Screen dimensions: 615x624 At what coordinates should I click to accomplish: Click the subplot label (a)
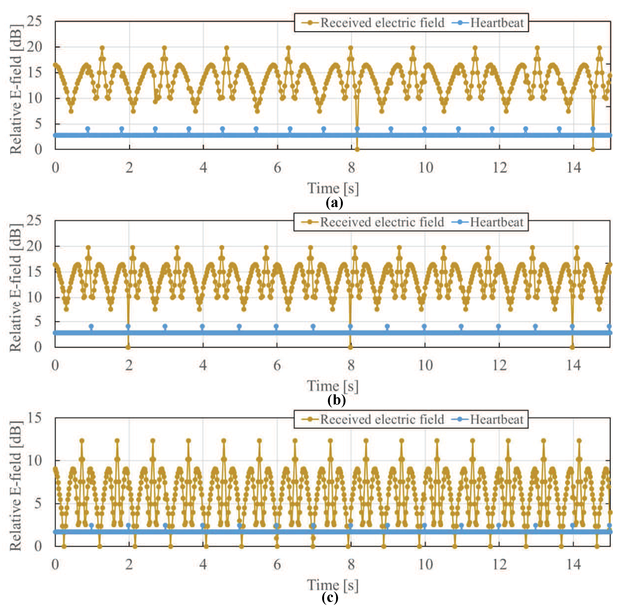[x=334, y=203]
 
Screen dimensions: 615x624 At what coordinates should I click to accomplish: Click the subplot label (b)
[x=336, y=400]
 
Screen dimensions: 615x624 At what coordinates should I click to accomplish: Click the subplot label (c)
[x=330, y=598]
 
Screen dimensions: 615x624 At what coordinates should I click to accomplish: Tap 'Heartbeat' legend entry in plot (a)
[x=496, y=23]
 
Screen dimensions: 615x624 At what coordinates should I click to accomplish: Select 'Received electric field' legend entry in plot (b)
[x=382, y=222]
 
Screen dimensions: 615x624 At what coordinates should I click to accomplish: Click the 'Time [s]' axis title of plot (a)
[x=333, y=188]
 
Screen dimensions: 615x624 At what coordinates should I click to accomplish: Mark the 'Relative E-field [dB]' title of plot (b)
[x=15, y=287]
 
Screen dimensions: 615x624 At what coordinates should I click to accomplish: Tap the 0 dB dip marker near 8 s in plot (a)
[x=357, y=149]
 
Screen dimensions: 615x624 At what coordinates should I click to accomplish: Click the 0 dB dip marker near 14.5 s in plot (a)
[x=593, y=149]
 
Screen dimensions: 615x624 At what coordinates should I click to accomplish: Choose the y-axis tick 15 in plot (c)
[x=34, y=418]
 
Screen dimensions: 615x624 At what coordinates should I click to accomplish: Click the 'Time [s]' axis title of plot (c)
[x=333, y=585]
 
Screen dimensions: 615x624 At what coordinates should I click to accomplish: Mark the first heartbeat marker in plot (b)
[x=91, y=327]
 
